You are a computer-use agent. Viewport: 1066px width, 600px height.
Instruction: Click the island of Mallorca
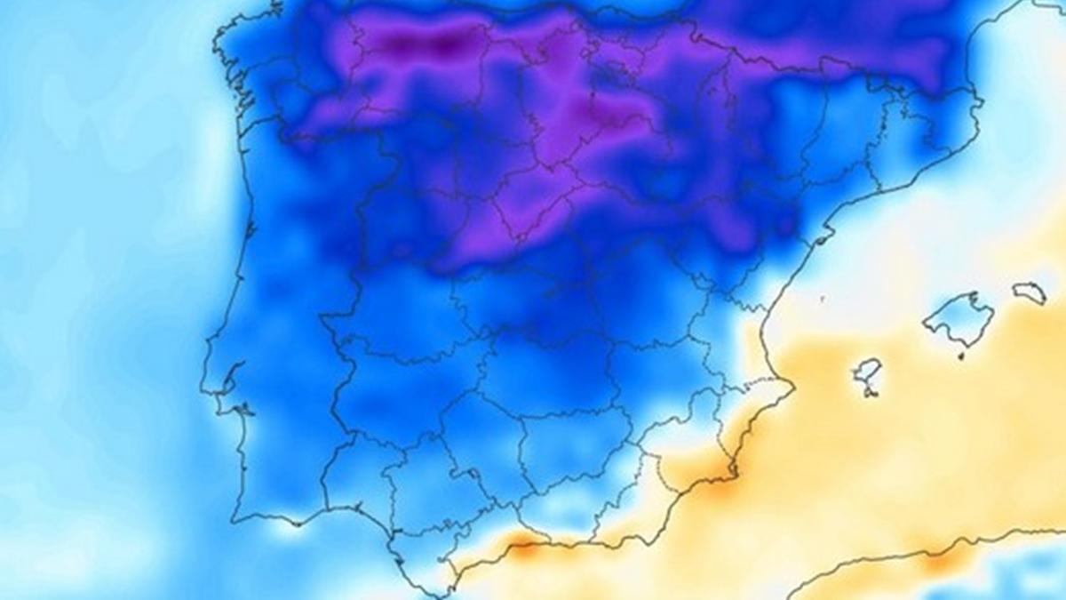click(x=959, y=318)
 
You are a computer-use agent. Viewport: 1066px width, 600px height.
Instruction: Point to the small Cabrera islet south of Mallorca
click(x=960, y=356)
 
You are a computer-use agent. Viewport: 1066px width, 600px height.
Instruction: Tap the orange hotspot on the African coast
click(x=942, y=560)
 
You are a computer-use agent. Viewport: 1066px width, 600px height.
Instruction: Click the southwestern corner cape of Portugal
click(x=235, y=516)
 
